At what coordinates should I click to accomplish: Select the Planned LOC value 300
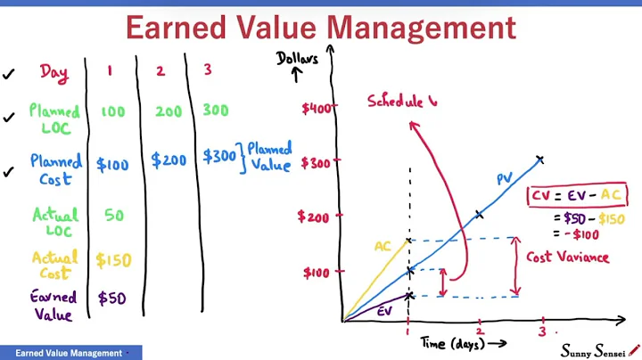point(215,111)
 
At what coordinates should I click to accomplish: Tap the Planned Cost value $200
point(169,160)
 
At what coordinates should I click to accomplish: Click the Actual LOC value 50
point(112,215)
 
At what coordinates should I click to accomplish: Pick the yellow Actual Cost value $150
point(113,260)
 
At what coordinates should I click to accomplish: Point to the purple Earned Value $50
point(112,299)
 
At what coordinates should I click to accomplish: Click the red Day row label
point(53,73)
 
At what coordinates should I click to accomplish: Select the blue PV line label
point(505,179)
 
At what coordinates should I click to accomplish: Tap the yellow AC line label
point(383,246)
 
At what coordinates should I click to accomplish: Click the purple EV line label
point(384,311)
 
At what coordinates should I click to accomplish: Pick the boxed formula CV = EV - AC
point(577,195)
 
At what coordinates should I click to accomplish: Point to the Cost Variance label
point(567,258)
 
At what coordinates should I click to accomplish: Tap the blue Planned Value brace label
point(269,157)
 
